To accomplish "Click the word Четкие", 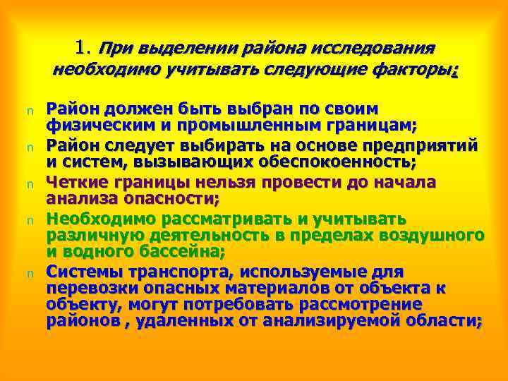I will tap(74, 181).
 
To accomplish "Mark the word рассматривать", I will tap(227, 217).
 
